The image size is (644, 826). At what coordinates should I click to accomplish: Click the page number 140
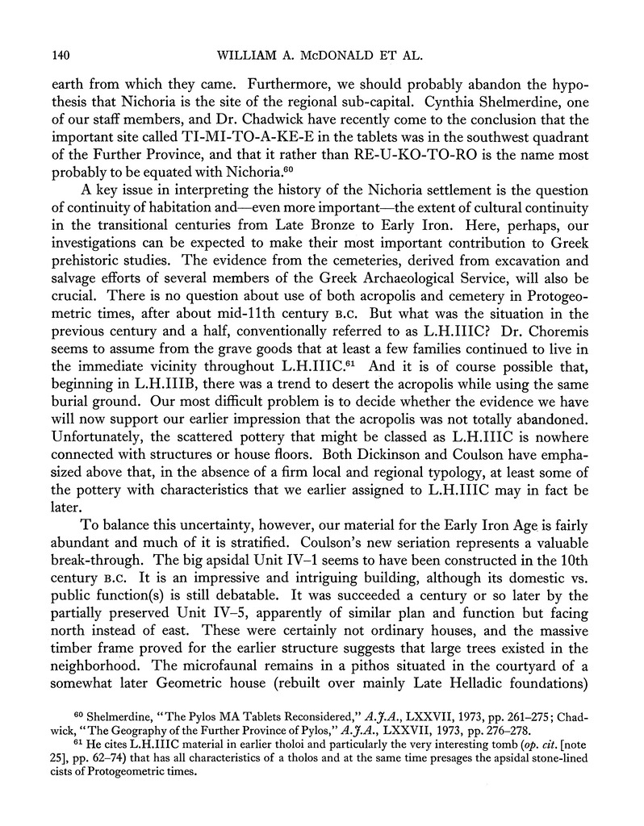(62, 56)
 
